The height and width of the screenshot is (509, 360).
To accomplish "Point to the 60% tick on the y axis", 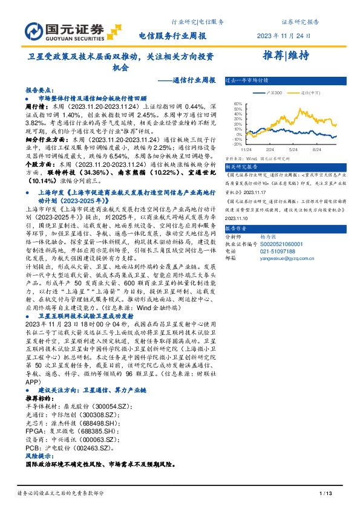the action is click(237, 102).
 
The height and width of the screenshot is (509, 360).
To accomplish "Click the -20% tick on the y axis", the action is click(237, 144).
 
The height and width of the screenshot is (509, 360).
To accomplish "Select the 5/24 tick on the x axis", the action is click(293, 149).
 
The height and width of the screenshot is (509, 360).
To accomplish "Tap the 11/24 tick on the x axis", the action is click(247, 149).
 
